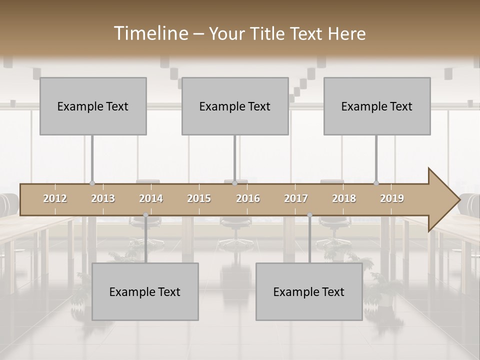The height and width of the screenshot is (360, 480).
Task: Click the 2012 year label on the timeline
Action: click(55, 198)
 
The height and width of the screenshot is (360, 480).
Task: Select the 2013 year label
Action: click(103, 198)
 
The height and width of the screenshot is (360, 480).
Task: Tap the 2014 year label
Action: click(151, 198)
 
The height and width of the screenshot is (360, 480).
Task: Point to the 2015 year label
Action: click(199, 198)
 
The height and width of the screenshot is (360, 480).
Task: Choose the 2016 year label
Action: click(248, 198)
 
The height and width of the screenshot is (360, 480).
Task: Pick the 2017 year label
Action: click(296, 198)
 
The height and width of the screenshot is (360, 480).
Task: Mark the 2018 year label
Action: click(344, 198)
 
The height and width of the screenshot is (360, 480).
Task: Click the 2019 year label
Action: click(392, 198)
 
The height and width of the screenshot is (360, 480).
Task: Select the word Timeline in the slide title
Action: click(150, 33)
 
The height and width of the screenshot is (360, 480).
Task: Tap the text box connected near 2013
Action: click(93, 106)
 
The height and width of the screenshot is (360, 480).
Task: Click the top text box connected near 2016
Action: click(235, 106)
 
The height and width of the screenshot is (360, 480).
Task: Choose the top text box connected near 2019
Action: click(377, 106)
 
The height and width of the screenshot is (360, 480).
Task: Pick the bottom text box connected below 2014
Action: click(145, 291)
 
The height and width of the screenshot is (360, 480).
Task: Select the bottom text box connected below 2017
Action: click(309, 291)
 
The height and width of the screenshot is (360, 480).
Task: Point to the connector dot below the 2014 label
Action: click(145, 215)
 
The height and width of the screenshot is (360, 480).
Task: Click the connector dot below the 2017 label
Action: click(309, 215)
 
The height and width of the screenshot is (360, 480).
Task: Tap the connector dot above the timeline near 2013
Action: click(92, 183)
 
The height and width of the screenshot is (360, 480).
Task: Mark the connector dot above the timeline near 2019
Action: click(376, 183)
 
